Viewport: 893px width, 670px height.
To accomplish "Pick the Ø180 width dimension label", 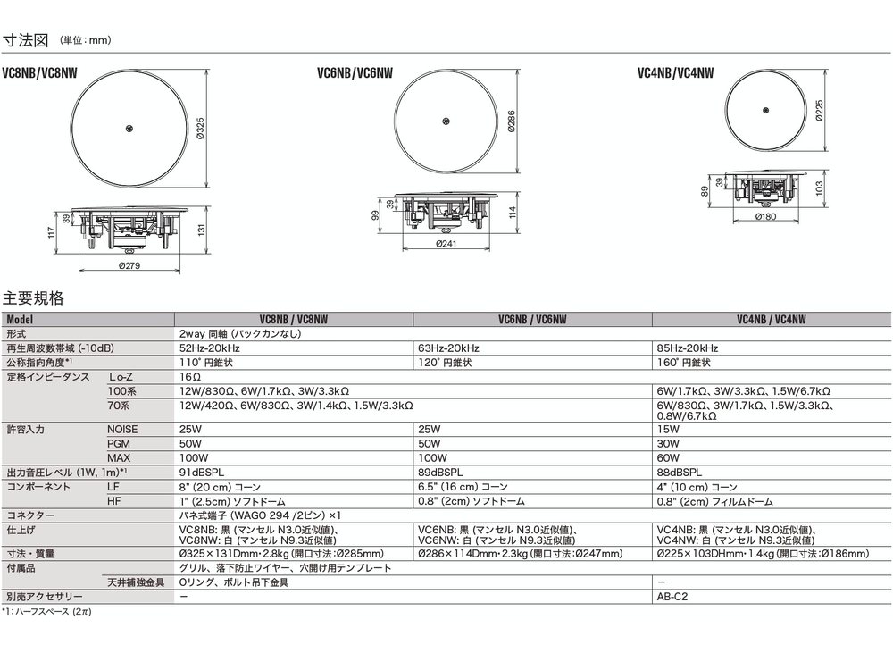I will pyautogui.click(x=764, y=215).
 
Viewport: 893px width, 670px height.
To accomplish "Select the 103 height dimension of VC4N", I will pyautogui.click(x=818, y=188).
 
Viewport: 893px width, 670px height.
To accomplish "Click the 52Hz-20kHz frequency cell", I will pyautogui.click(x=209, y=348).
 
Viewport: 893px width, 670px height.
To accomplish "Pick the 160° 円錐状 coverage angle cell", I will pyautogui.click(x=685, y=363).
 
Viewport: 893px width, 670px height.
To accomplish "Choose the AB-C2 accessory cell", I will pyautogui.click(x=672, y=596).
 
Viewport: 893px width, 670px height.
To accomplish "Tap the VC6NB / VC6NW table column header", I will pyautogui.click(x=532, y=317).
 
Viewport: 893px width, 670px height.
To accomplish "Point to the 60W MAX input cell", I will pyautogui.click(x=668, y=457).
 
